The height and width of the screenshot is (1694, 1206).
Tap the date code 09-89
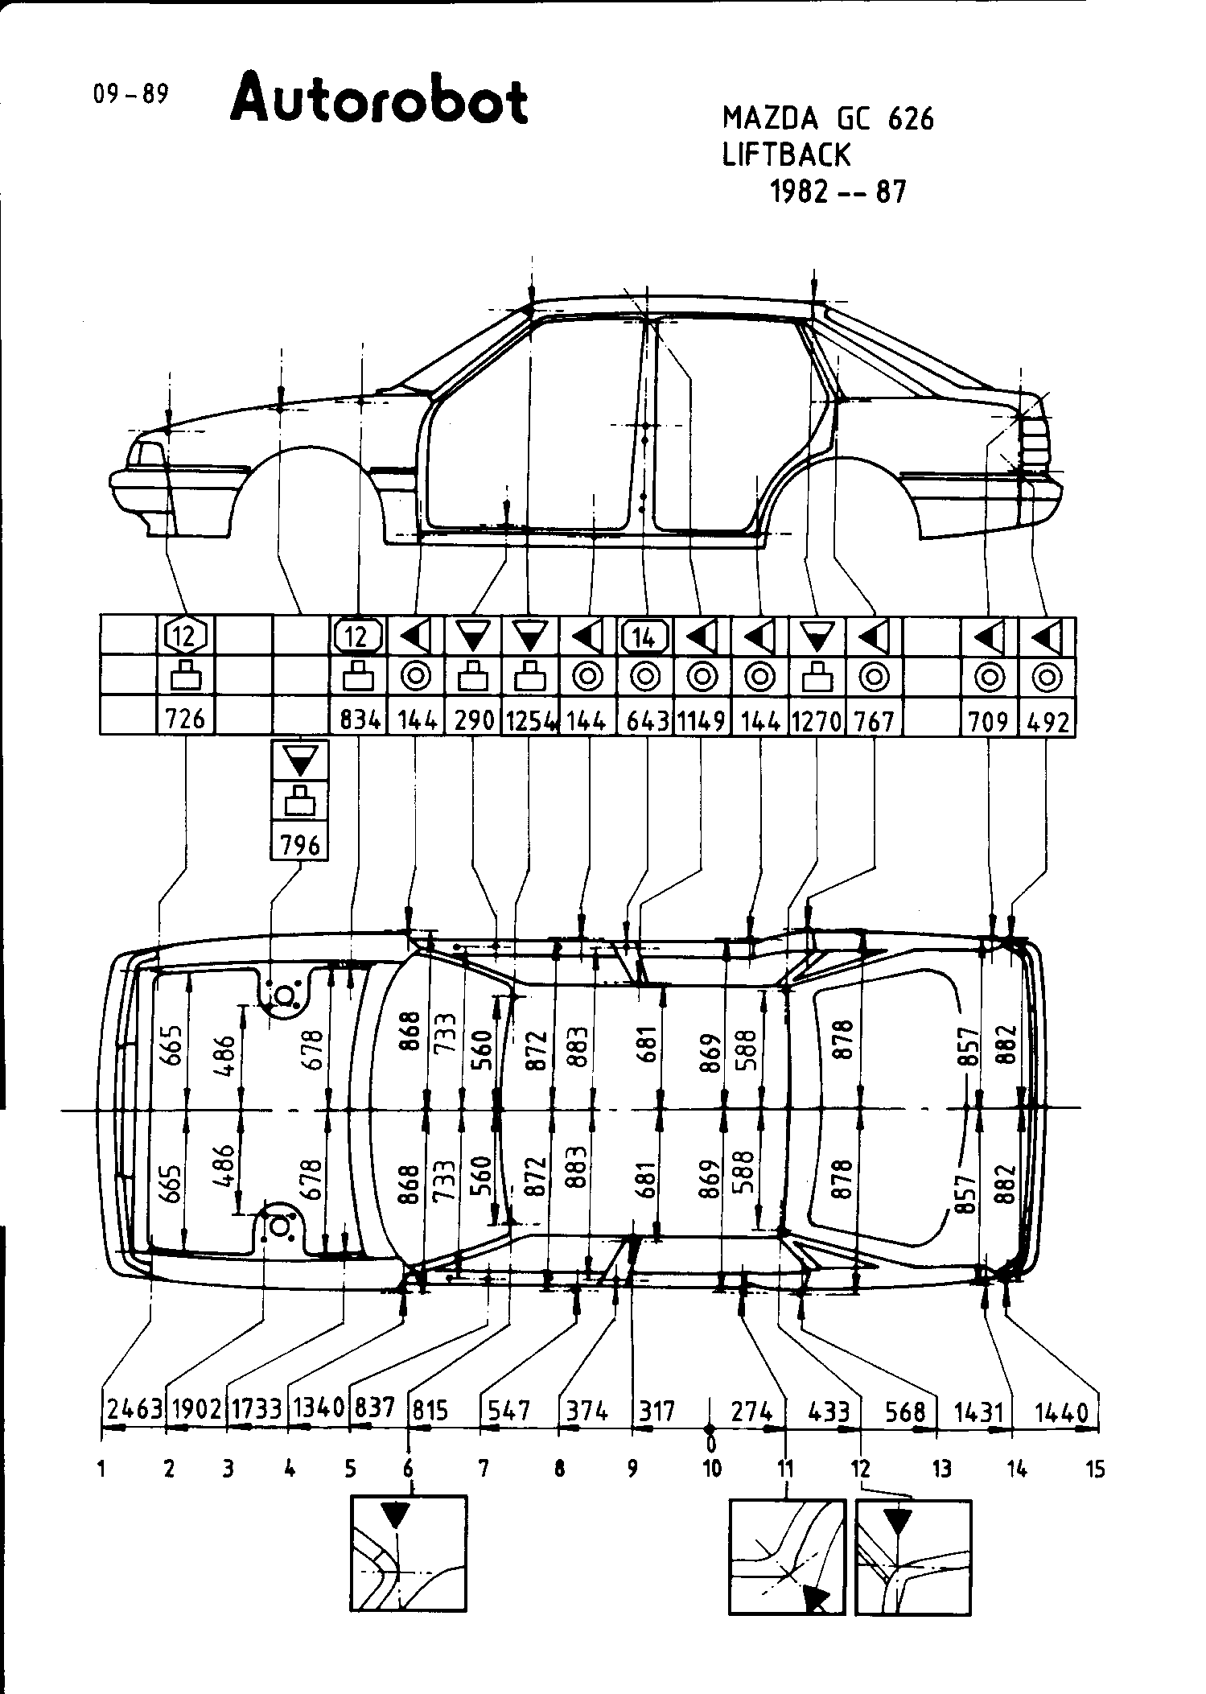pyautogui.click(x=130, y=94)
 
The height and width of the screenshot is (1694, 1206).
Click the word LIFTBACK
pyautogui.click(x=786, y=155)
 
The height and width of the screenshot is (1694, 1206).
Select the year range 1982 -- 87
pyautogui.click(x=838, y=192)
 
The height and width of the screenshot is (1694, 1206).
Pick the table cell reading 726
pyautogui.click(x=185, y=718)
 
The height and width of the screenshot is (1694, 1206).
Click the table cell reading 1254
pyautogui.click(x=529, y=719)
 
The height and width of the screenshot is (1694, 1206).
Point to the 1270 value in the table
pyautogui.click(x=816, y=719)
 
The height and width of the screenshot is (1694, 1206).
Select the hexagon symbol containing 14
pyautogui.click(x=644, y=637)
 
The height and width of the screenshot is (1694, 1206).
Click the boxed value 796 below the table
pyautogui.click(x=300, y=844)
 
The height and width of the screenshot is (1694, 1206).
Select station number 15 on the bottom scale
pyautogui.click(x=1095, y=1469)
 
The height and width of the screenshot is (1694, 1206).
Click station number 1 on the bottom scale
pyautogui.click(x=102, y=1469)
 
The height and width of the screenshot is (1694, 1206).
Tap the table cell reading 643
pyautogui.click(x=645, y=719)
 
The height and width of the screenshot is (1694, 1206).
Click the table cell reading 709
pyautogui.click(x=989, y=719)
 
